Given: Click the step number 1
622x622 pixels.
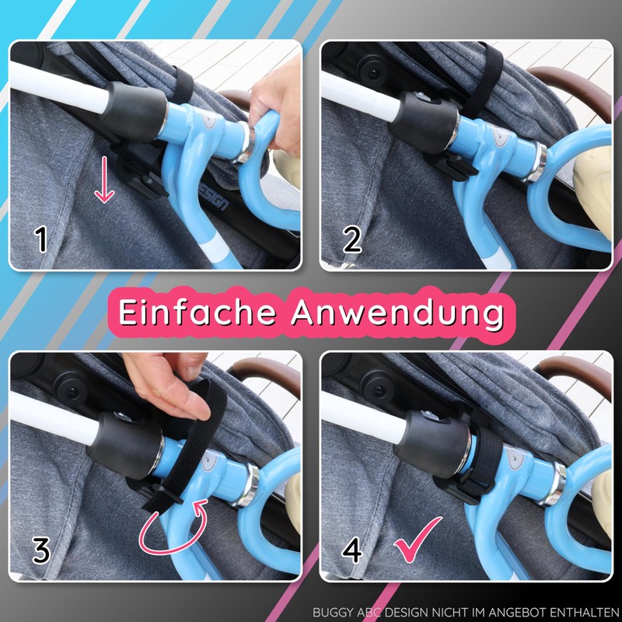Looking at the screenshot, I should pyautogui.click(x=40, y=239).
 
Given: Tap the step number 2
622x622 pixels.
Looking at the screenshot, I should pyautogui.click(x=351, y=239).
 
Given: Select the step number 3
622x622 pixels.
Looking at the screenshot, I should pyautogui.click(x=40, y=550).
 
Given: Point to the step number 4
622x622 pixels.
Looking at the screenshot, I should pyautogui.click(x=352, y=550).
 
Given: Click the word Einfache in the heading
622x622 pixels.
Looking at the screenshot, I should pyautogui.click(x=197, y=312).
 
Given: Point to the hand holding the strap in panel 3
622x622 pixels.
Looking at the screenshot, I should pyautogui.click(x=167, y=385).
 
